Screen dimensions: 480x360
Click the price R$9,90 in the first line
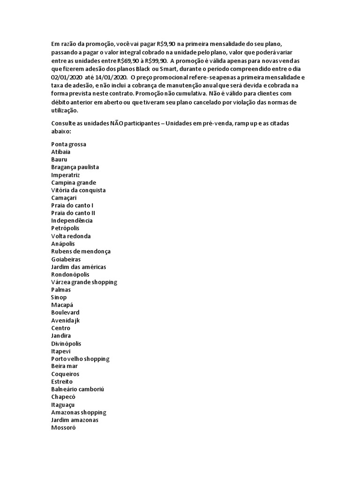(166, 44)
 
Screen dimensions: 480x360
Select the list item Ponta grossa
(68, 144)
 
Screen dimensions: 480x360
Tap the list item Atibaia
(61, 152)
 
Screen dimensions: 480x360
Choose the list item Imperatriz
(66, 175)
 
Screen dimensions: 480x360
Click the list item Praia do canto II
(73, 213)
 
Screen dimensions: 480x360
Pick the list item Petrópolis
(66, 228)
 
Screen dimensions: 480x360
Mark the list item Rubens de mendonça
(81, 251)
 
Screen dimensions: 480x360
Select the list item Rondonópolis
(70, 274)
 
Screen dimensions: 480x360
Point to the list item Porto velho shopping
(80, 359)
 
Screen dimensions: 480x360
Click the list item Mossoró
(63, 427)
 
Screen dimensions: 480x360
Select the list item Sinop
(59, 297)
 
